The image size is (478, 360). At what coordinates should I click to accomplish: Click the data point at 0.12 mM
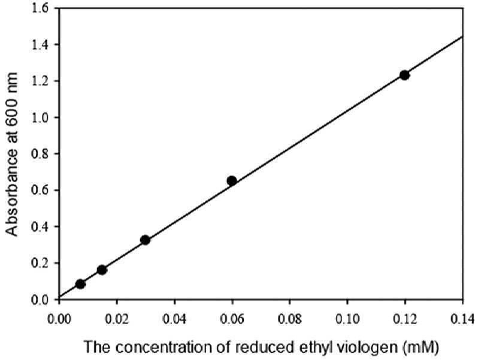pos(404,75)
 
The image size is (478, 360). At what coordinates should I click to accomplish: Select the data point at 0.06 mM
pos(232,181)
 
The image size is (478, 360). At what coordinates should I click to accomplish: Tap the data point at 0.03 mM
pos(145,240)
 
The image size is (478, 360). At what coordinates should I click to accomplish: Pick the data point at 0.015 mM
pos(102,270)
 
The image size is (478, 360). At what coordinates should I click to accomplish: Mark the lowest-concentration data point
pos(80,284)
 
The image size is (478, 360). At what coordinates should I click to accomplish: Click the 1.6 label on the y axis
pos(40,8)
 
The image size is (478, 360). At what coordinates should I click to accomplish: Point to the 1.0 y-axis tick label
pos(40,117)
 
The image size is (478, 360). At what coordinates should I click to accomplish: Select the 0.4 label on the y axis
pos(40,226)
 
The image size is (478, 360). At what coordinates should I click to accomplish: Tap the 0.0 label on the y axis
pos(40,300)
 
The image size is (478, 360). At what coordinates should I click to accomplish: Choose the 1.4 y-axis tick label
pos(40,44)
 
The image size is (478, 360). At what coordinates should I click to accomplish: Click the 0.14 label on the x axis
pos(463,319)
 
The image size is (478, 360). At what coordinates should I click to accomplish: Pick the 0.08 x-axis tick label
pos(289,319)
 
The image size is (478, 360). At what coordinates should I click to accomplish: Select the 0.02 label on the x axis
pos(117,319)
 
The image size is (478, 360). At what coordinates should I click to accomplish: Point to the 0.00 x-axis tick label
pos(59,319)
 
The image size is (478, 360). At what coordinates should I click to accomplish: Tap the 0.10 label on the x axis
pos(347,319)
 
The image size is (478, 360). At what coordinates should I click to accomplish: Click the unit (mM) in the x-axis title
pos(420,347)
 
